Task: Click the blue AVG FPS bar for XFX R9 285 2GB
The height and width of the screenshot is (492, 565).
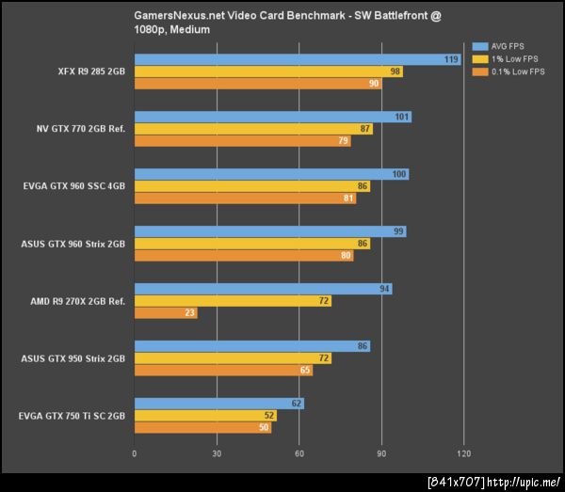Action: [298, 59]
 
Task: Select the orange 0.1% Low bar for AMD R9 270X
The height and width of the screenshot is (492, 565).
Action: [166, 313]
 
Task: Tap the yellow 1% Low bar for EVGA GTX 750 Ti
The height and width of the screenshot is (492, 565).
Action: [205, 415]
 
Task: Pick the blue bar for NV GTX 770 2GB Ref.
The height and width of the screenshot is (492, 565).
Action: [273, 118]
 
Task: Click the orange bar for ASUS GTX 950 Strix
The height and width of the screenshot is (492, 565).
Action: [224, 371]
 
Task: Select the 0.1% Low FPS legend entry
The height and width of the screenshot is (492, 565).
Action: [514, 71]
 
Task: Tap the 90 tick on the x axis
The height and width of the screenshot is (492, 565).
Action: [380, 453]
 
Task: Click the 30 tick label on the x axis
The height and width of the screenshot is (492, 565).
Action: [217, 453]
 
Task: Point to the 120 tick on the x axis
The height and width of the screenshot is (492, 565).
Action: [462, 453]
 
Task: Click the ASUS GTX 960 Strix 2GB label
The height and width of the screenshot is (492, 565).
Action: [73, 244]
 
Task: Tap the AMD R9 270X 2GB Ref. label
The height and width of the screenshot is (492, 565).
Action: [76, 301]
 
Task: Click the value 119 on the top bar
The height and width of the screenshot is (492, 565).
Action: [452, 59]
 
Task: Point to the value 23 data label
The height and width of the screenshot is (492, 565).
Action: [190, 313]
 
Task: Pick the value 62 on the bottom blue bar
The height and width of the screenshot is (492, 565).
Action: [297, 404]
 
